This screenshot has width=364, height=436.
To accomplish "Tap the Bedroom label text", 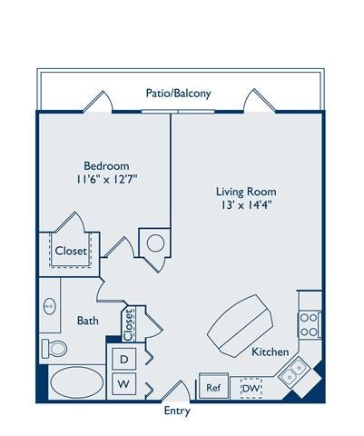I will coord(106,165).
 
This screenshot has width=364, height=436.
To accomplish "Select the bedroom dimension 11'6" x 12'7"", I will coord(106,180).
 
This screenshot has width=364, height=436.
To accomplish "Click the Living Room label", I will coord(245,192).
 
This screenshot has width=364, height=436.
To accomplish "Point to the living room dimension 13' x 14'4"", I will coord(245,206).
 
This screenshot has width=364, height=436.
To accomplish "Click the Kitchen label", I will coord(270,352).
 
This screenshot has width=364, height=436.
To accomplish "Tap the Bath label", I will coord(88,321).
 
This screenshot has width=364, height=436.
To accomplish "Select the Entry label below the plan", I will coord(177,411).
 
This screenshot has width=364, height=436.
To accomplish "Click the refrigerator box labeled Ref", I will coord(214,387).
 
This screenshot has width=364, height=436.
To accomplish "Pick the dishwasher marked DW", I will coord(251,388).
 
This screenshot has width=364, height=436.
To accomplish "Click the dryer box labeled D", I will coord(123,360).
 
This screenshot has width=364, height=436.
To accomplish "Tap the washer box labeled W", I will coord(123,385).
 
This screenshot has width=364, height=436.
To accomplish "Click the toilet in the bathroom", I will coord(55,347).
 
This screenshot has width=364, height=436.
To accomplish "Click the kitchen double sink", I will coord(293,371).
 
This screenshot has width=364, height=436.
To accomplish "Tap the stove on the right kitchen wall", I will coord(310,324).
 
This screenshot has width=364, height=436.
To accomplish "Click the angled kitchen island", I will coord(241,322).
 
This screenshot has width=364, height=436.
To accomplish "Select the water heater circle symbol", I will coord(154,243).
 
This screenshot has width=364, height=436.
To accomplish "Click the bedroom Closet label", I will coord(71,251).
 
